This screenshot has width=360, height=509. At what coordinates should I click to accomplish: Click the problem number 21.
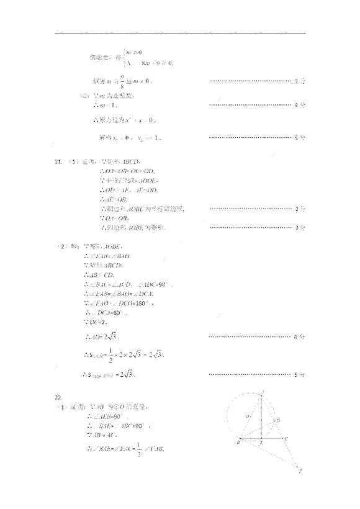click(x=58, y=162)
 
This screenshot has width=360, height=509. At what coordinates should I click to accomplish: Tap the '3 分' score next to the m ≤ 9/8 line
click(x=300, y=81)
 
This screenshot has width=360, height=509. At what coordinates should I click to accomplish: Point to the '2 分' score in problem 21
click(x=300, y=209)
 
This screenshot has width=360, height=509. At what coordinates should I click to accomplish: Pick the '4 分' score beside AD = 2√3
click(x=300, y=337)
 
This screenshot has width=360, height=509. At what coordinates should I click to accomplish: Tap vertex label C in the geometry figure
click(x=287, y=439)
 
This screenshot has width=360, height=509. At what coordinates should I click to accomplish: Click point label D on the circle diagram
click(x=279, y=421)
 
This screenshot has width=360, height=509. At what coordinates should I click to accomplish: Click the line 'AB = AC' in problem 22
click(x=102, y=436)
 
